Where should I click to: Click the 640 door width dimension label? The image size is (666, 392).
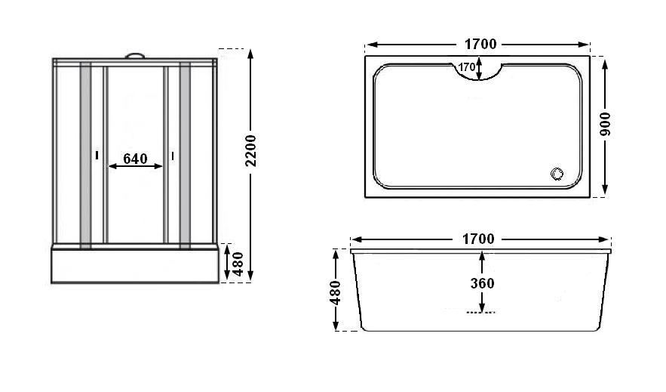pos(135,159)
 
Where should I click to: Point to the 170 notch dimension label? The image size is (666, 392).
pos(467,67)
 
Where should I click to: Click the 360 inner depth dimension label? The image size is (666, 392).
pos(481,284)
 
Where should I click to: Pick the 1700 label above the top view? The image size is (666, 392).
pos(478,44)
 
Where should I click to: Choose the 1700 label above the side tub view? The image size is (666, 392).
pos(478,239)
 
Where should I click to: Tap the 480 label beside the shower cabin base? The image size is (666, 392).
pos(238,264)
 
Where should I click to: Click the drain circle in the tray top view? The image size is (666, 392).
pos(557,174)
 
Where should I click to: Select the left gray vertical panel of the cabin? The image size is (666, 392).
pos(86,155)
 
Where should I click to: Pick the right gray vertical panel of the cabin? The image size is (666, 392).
pos(185,155)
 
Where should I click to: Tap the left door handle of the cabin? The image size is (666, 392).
pos(97,156)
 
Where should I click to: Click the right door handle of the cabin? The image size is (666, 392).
pos(173,156)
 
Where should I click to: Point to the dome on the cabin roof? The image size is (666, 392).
pos(135,54)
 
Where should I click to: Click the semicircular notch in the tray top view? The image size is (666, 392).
pos(479,73)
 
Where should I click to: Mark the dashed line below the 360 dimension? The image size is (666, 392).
pos(481,312)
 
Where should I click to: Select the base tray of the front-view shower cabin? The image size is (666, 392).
pos(135,266)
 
